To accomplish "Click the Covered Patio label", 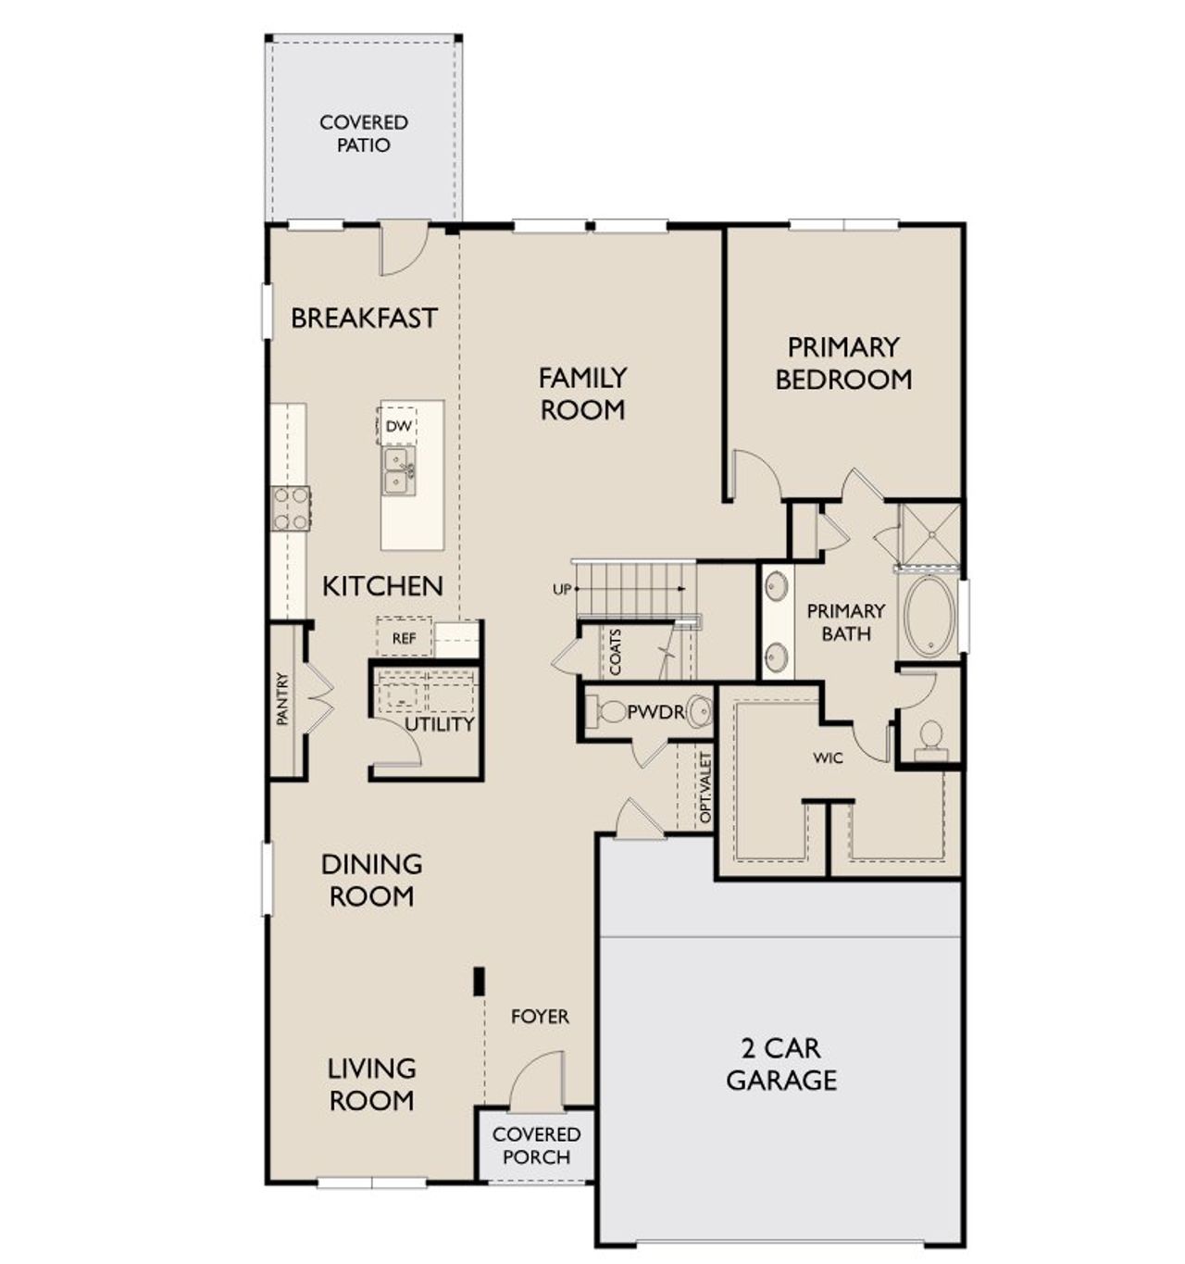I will tap(364, 133).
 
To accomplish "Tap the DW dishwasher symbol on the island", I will tap(398, 426).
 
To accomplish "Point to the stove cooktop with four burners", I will tap(291, 508).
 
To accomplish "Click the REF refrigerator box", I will tap(404, 638).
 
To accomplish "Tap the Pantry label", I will tap(283, 699).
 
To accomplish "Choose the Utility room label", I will tap(439, 724).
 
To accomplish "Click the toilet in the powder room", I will tap(611, 712).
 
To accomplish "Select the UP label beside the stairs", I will tap(562, 589).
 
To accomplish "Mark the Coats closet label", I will tap(616, 651).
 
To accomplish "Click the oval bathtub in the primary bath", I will tap(929, 616).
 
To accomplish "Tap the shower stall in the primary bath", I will tap(929, 533).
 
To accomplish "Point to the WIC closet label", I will tap(828, 757).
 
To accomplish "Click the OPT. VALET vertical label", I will tap(705, 788).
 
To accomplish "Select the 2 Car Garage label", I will tap(781, 1064).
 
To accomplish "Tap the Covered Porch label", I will tap(536, 1145).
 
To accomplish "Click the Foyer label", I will tap(540, 1017).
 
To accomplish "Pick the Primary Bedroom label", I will tap(842, 363).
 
